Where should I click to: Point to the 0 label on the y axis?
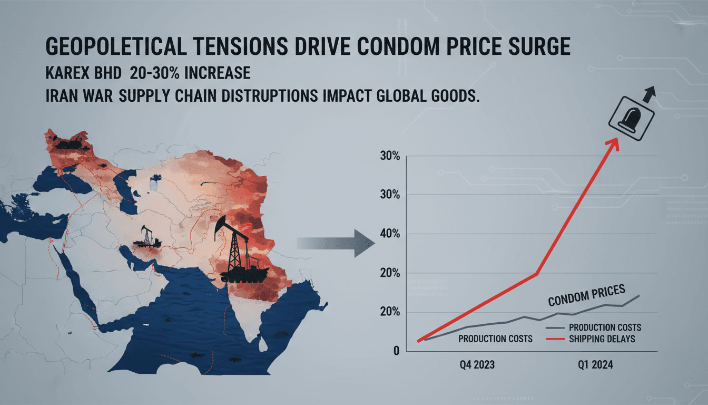click(396, 351)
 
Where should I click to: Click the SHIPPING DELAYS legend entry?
click(602, 339)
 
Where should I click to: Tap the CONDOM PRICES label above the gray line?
click(586, 295)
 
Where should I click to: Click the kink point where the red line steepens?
click(537, 273)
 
